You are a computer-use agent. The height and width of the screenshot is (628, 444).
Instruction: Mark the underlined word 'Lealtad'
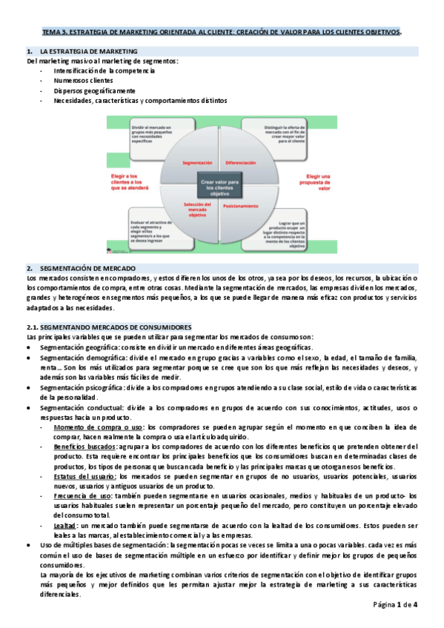pos(66,525)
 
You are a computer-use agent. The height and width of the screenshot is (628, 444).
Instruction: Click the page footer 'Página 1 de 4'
pos(396,605)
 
